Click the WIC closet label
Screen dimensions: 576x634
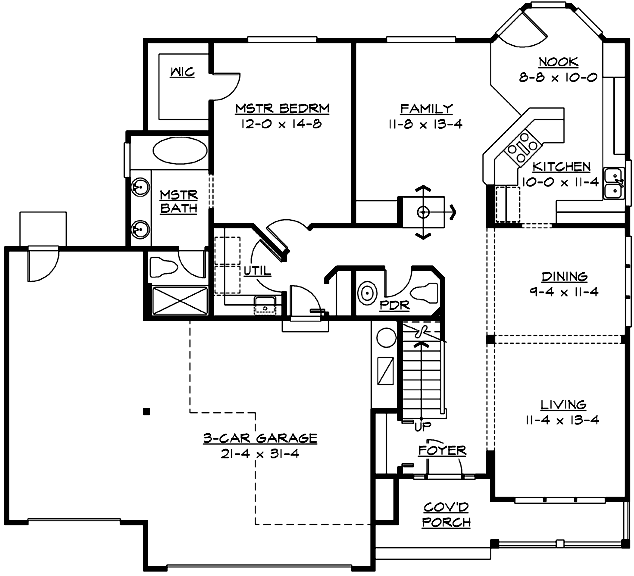pyautogui.click(x=181, y=73)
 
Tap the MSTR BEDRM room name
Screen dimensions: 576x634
pyautogui.click(x=283, y=108)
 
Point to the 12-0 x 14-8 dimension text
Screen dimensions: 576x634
pyautogui.click(x=283, y=124)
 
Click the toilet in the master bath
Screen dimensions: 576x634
pyautogui.click(x=161, y=267)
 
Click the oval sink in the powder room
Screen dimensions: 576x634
pyautogui.click(x=366, y=294)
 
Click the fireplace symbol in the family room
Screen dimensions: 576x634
pyautogui.click(x=423, y=212)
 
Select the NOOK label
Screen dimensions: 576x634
pyautogui.click(x=558, y=61)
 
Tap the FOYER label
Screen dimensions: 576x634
pyautogui.click(x=442, y=451)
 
